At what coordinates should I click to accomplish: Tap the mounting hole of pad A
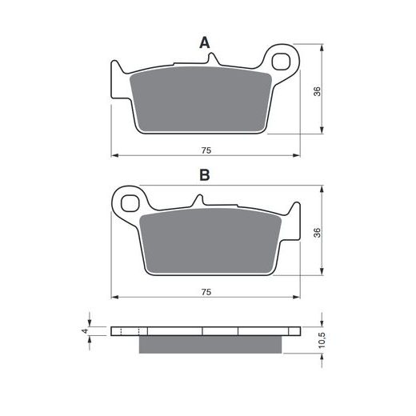point(282,61)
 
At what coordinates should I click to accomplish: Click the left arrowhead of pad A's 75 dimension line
point(114,154)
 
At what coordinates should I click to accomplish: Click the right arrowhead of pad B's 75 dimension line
point(301,298)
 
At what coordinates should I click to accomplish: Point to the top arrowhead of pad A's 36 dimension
point(321,48)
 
